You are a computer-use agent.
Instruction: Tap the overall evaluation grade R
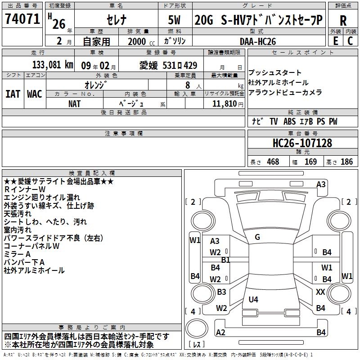(x=343, y=20)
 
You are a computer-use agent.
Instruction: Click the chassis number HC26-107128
(x=302, y=143)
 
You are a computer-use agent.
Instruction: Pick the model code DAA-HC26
(x=258, y=41)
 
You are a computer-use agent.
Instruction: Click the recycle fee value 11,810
(x=224, y=103)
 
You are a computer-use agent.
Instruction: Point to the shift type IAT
(x=13, y=94)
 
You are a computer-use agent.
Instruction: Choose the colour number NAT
(x=75, y=103)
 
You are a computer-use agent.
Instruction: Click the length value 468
(x=273, y=162)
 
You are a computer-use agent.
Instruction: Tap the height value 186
(x=346, y=162)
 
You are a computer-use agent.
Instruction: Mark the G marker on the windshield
(x=257, y=237)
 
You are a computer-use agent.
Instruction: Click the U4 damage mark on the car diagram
(x=253, y=299)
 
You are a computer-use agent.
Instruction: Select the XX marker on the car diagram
(x=320, y=292)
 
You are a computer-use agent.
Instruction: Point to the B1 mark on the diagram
(x=225, y=260)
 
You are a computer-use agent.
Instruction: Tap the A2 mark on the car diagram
(x=220, y=332)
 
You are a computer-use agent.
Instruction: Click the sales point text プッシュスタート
(x=275, y=73)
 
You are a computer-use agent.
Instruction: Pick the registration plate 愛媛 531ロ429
(x=168, y=66)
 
